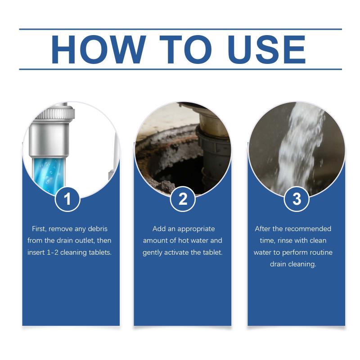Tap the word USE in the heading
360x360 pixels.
(267, 49)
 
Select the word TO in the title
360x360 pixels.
(186, 49)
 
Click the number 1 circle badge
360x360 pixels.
(67, 199)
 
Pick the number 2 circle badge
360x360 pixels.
(183, 199)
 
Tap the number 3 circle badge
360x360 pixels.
(297, 199)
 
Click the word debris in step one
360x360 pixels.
(98, 229)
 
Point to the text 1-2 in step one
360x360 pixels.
(53, 252)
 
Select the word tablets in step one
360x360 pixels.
(100, 252)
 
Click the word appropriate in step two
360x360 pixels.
(196, 229)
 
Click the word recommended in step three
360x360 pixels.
(309, 229)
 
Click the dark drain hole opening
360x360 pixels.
(179, 170)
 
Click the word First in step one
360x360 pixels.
(39, 229)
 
